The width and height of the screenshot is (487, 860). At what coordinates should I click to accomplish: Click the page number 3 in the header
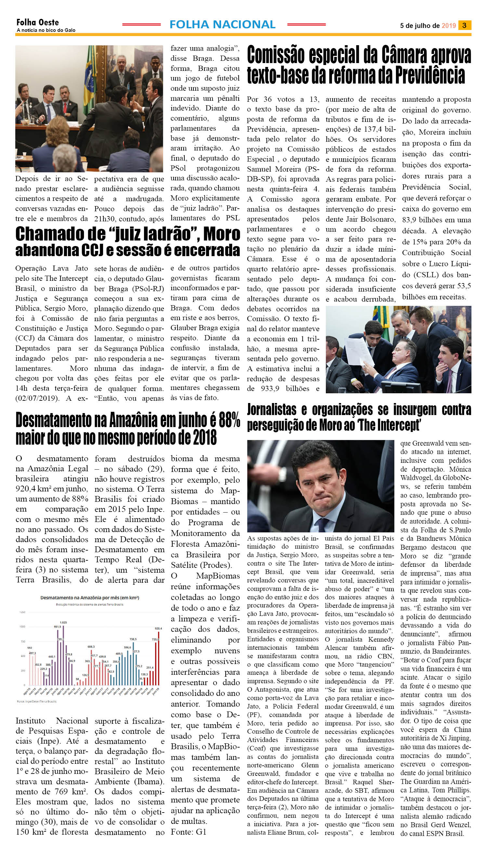(x=464, y=25)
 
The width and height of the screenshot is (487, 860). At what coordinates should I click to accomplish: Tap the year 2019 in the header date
(x=449, y=26)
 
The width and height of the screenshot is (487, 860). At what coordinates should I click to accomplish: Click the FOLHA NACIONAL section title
(x=222, y=24)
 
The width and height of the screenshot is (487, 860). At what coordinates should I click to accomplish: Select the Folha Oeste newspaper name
(x=37, y=22)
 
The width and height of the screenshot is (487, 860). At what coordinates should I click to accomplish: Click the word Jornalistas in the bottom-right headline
(x=271, y=410)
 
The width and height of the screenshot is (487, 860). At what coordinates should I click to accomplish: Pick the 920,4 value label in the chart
(x=158, y=628)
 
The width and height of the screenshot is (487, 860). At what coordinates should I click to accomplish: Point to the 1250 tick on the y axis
(x=22, y=612)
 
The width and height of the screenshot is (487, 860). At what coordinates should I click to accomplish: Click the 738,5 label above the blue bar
(x=133, y=639)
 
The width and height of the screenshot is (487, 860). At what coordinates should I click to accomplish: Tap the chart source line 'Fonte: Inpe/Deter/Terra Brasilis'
(x=37, y=701)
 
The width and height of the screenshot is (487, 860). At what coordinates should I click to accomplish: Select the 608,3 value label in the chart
(x=91, y=647)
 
